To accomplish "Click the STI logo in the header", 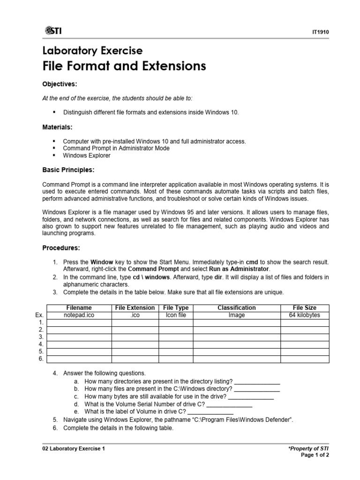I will [53, 31].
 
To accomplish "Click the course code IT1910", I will [321, 32].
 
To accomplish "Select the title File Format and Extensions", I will [124, 66].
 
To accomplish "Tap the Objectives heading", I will [60, 84].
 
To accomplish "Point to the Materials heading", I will [57, 127].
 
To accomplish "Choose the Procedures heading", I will [61, 247].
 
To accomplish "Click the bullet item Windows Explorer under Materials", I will [87, 155].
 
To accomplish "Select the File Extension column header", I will [135, 308].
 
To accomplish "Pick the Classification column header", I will [237, 308].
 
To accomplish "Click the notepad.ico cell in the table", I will [79, 315].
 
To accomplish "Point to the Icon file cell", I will [176, 315].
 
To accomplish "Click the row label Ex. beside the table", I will [39, 315].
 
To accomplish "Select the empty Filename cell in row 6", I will [79, 359].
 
